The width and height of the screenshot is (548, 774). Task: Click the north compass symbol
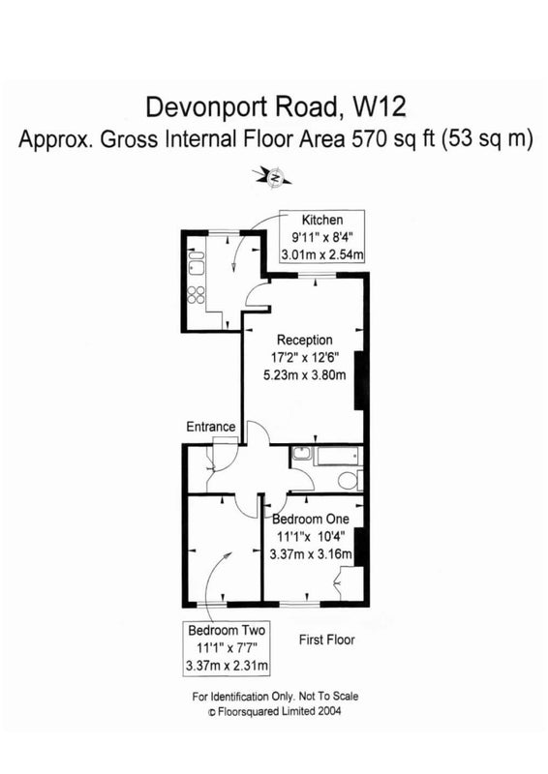tap(272, 176)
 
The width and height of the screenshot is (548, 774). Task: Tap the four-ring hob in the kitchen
tap(197, 295)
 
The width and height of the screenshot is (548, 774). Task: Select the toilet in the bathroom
tap(350, 479)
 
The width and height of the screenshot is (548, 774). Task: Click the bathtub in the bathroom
tap(338, 456)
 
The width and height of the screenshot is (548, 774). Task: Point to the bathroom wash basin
tap(301, 453)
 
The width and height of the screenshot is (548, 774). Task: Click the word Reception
tap(304, 340)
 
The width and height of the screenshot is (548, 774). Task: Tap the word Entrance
tap(211, 427)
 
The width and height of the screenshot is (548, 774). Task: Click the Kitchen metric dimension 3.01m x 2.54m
tap(322, 254)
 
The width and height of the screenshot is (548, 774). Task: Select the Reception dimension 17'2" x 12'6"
tap(304, 357)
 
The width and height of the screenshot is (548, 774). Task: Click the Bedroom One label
tap(311, 519)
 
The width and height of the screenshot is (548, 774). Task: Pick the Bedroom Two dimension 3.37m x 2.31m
tap(228, 666)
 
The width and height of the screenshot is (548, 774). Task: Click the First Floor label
tap(327, 640)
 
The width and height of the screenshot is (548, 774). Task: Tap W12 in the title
tap(379, 106)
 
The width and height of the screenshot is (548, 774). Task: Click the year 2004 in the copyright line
tap(329, 711)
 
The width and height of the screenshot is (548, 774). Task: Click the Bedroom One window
tap(300, 604)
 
